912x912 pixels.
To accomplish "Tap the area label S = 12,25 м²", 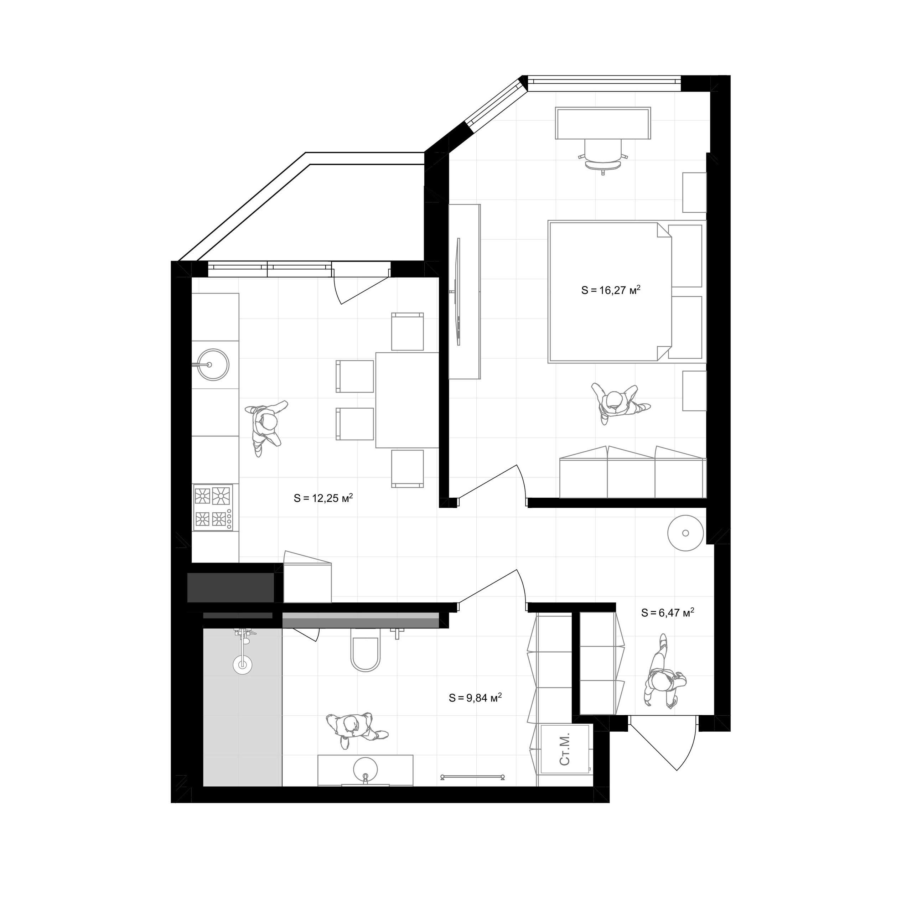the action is click(x=323, y=498).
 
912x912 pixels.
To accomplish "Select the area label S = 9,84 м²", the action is click(x=475, y=697).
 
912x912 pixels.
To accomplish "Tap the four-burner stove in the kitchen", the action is click(x=213, y=507).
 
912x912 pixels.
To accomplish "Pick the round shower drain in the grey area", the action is click(x=243, y=665).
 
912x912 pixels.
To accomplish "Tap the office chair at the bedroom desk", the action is click(x=603, y=156).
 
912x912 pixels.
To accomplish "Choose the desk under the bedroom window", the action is click(x=603, y=123).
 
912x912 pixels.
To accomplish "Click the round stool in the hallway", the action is click(x=685, y=533).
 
